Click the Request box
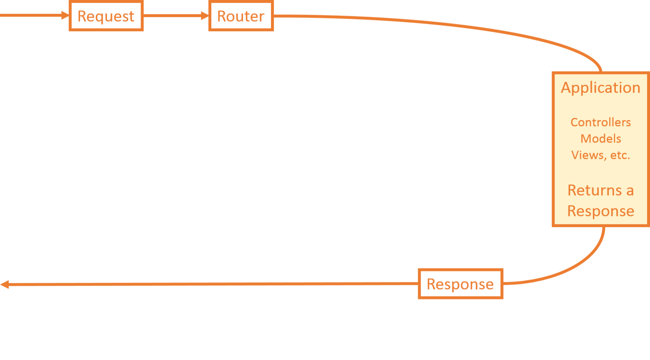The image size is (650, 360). (x=106, y=16)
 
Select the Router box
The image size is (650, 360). (x=241, y=16)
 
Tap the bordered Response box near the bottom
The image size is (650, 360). (x=460, y=284)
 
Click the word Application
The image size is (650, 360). (x=600, y=88)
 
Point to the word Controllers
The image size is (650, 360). (x=600, y=122)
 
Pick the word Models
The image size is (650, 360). (x=600, y=139)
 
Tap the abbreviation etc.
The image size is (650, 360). (x=620, y=155)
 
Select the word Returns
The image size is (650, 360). (x=595, y=190)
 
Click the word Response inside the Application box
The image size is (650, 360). (x=600, y=211)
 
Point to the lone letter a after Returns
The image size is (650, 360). (x=630, y=191)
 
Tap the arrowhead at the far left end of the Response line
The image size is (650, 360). (x=4, y=284)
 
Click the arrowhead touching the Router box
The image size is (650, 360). (x=204, y=16)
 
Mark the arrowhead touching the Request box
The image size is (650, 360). (x=65, y=15)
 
